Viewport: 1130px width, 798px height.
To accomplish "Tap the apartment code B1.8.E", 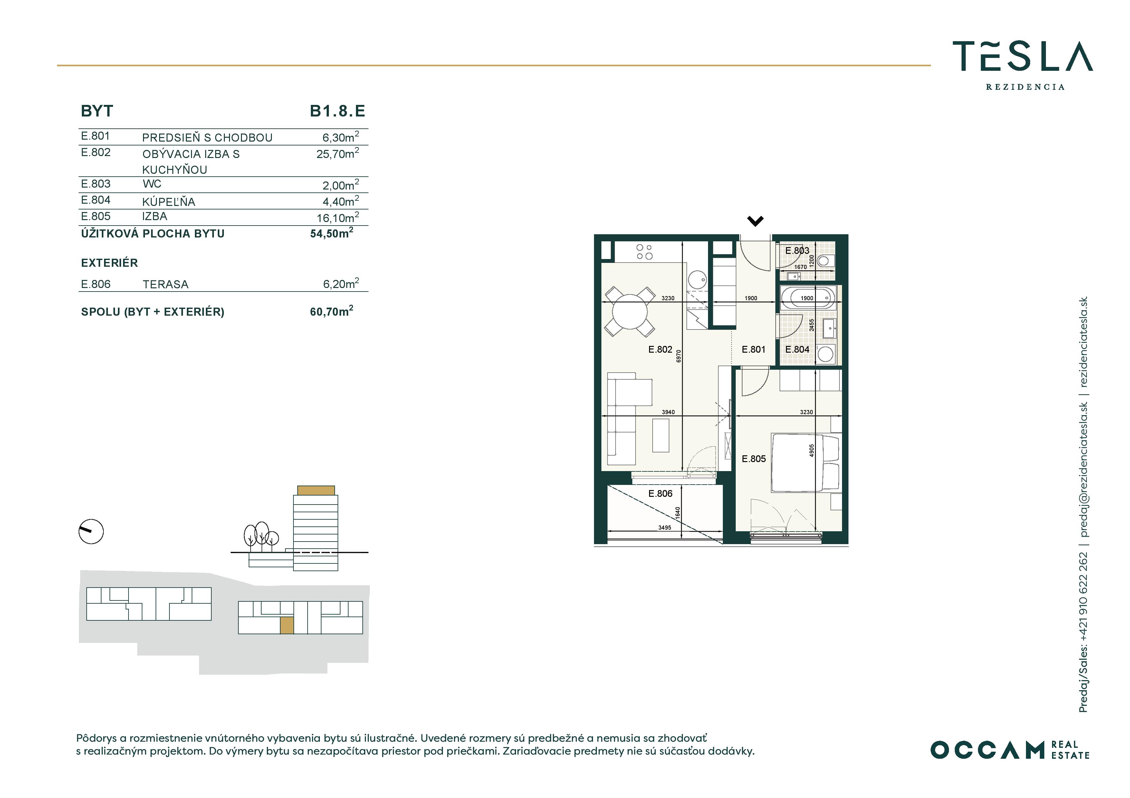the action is (338, 111).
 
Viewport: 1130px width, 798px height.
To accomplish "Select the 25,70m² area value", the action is (338, 153).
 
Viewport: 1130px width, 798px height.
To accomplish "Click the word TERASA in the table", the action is (165, 285).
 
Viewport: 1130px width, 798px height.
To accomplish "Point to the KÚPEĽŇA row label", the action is (169, 201).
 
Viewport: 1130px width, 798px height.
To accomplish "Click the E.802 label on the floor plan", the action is (660, 349).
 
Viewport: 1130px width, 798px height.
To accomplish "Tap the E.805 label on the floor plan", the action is (753, 459).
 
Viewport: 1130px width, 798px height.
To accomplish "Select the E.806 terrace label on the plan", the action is (660, 494).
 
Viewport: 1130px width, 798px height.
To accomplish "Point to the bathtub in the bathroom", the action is (808, 298).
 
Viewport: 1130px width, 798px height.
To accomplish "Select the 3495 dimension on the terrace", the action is (665, 528).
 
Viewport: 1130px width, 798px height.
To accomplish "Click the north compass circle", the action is (91, 532).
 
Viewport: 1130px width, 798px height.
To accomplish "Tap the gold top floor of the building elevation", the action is (316, 490).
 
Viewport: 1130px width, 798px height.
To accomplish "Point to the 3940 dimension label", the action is (668, 412).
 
